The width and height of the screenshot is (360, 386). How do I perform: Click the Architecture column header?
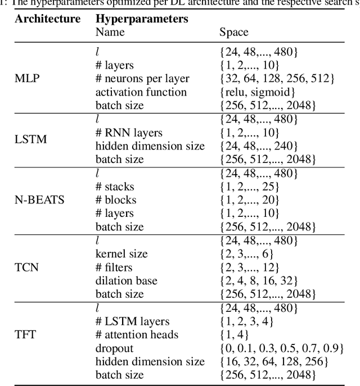pyautogui.click(x=48, y=19)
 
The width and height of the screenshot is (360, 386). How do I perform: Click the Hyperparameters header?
pyautogui.click(x=142, y=19)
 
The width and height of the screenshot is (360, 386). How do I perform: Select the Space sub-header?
pyautogui.click(x=233, y=33)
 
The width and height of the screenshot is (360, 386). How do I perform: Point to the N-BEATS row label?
pyautogui.click(x=39, y=200)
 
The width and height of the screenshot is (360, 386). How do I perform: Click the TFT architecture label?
pyautogui.click(x=26, y=334)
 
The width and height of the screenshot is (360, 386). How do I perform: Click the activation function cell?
pyautogui.click(x=141, y=92)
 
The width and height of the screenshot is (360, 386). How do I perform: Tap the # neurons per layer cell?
pyautogui.click(x=142, y=79)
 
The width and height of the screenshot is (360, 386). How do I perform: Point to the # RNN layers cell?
pyautogui.click(x=129, y=133)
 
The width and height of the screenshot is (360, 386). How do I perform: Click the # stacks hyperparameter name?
pyautogui.click(x=115, y=187)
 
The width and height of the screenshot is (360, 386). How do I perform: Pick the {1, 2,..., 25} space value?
pyautogui.click(x=255, y=187)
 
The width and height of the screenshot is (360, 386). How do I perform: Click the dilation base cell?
pyautogui.click(x=126, y=280)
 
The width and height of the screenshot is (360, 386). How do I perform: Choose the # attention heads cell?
pyautogui.click(x=137, y=334)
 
